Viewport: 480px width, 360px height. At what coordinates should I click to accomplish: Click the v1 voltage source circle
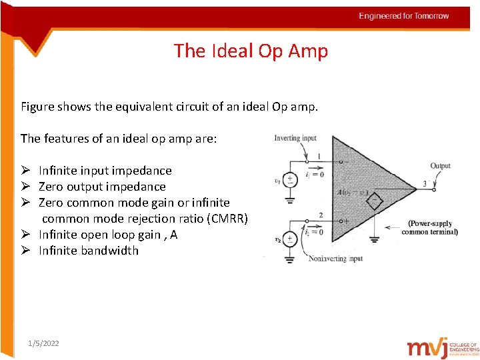(x=291, y=180)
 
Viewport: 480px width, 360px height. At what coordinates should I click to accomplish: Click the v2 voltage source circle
(x=291, y=239)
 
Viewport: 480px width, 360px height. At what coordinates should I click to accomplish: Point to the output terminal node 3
(x=433, y=189)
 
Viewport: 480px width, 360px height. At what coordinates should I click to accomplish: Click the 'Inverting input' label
(x=295, y=138)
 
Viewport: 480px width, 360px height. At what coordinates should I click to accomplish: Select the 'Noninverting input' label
(x=335, y=259)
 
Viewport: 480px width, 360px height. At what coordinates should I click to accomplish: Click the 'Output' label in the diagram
(x=440, y=165)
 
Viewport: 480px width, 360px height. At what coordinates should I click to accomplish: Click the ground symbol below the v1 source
(x=291, y=198)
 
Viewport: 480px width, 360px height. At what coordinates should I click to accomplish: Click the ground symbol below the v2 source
(x=291, y=257)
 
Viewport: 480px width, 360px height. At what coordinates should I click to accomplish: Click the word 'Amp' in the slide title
(x=307, y=51)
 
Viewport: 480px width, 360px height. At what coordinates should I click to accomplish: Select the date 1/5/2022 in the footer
(x=43, y=343)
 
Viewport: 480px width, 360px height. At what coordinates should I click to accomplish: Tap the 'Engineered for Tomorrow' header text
(x=404, y=16)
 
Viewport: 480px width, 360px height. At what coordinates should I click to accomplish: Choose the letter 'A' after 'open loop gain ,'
(x=174, y=235)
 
